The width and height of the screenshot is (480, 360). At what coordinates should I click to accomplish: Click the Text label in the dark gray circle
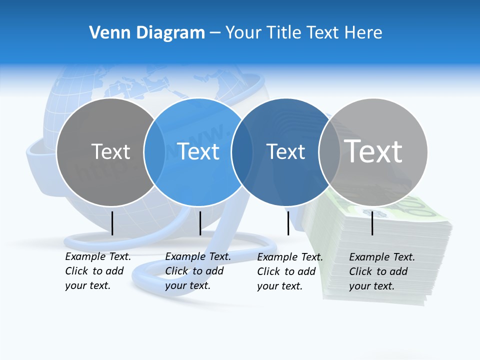(110, 151)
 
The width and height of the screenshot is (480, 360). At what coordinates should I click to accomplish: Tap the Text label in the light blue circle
(198, 151)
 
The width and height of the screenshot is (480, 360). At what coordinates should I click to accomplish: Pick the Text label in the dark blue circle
(285, 152)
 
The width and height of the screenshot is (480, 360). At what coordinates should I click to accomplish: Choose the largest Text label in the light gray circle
(373, 151)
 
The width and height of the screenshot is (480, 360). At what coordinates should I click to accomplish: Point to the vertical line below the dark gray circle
(112, 223)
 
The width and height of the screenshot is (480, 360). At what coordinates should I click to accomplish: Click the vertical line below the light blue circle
(200, 223)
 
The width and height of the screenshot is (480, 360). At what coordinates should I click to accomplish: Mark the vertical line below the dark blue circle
(288, 223)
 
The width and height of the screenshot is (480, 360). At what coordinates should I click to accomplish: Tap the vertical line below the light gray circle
(372, 223)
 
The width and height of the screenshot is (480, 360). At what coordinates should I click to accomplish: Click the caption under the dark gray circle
(98, 271)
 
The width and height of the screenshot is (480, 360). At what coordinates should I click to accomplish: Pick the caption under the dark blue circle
(290, 271)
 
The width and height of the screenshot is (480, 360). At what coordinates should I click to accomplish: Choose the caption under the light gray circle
(382, 271)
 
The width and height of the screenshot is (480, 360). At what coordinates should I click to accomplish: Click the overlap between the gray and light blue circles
(154, 152)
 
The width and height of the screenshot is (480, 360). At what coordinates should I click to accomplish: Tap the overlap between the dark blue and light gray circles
(329, 152)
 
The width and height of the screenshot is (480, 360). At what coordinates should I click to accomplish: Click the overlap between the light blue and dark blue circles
(242, 152)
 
